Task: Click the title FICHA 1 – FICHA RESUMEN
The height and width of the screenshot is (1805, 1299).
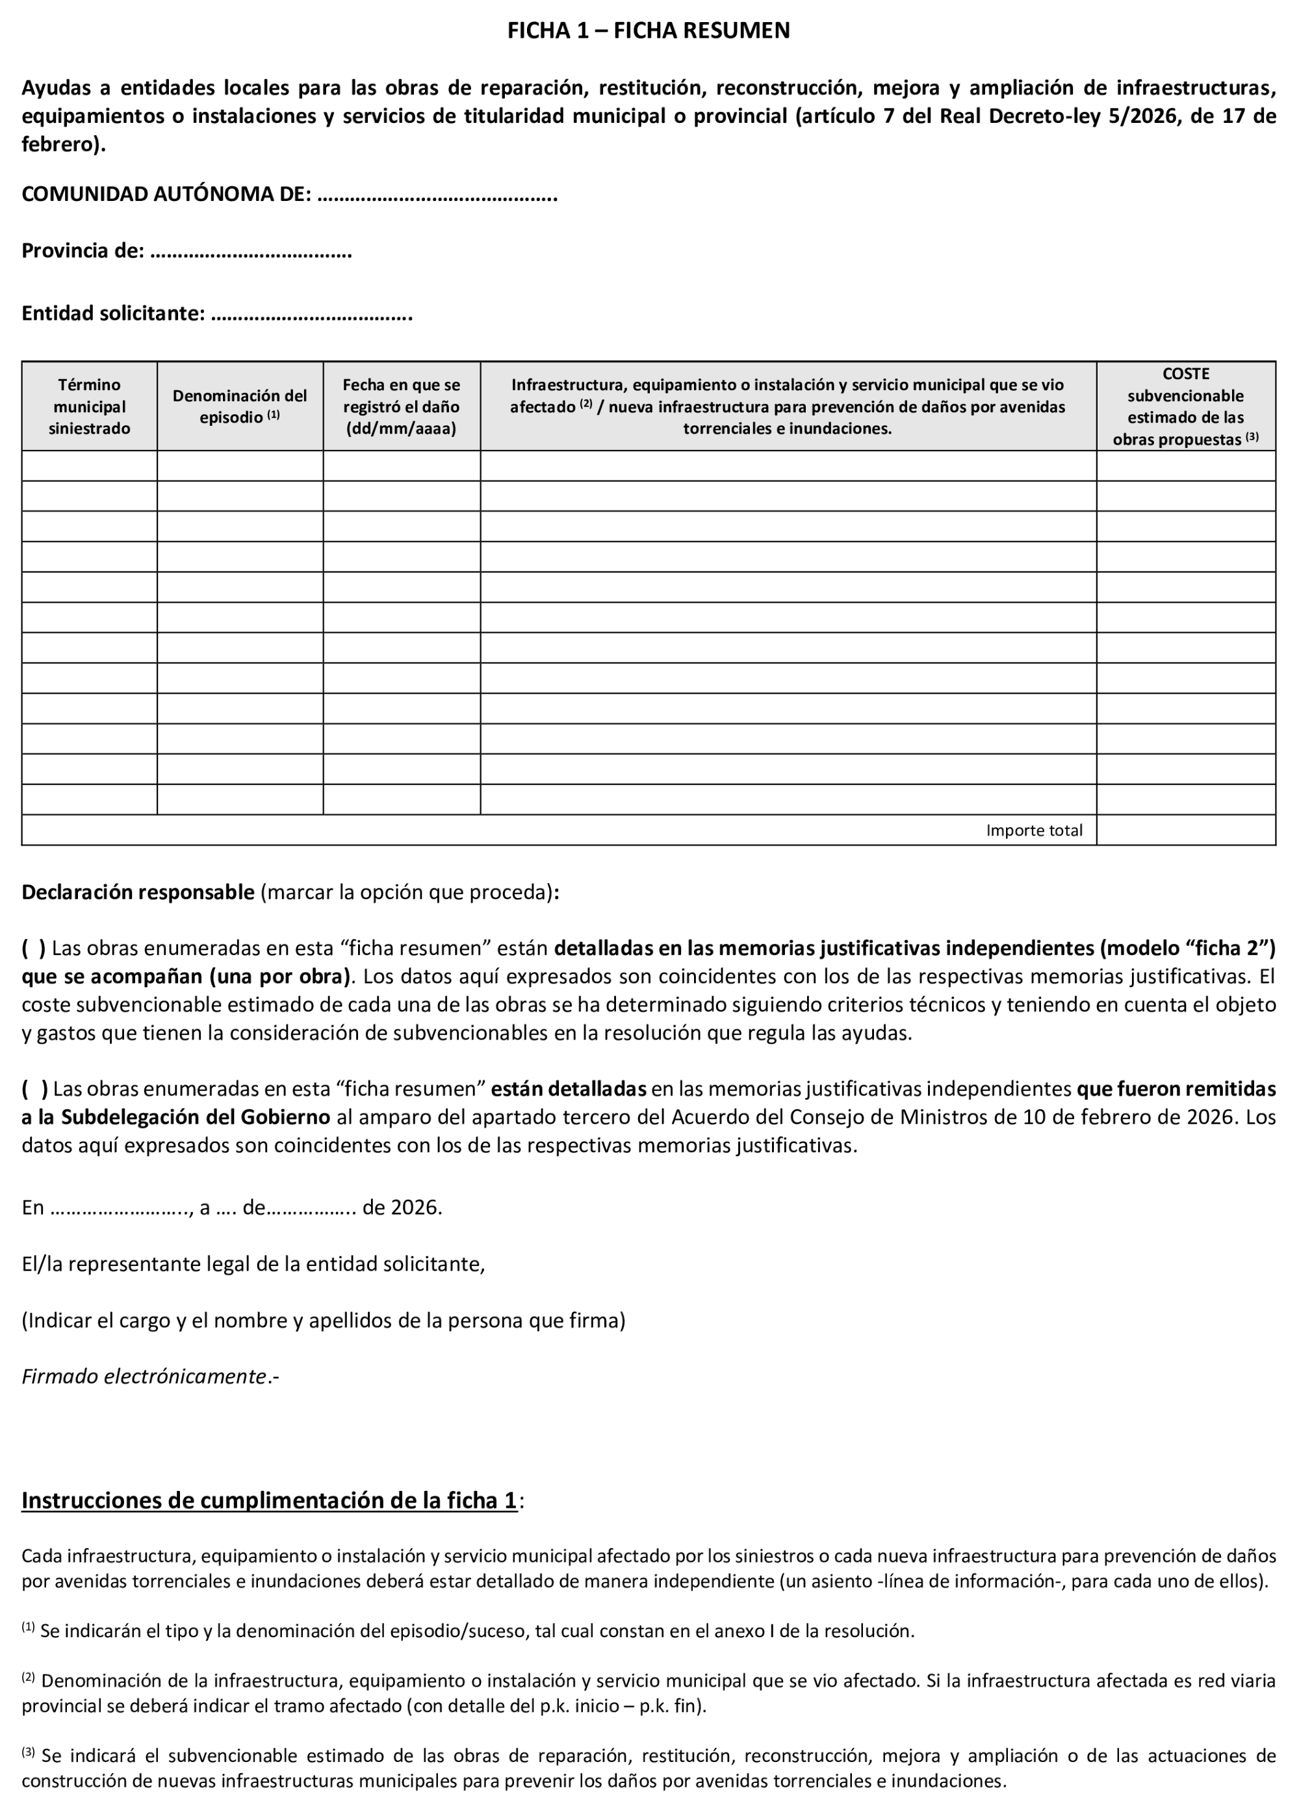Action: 649,31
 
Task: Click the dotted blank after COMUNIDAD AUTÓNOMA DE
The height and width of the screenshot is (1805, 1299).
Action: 437,195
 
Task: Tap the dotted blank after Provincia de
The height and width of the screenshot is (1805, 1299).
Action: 251,252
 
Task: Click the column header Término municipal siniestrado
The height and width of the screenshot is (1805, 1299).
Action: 89,406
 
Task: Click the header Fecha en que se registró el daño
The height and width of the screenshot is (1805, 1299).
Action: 401,406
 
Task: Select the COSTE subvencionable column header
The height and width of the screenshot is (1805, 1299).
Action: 1185,406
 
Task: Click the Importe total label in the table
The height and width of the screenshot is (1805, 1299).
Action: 1033,831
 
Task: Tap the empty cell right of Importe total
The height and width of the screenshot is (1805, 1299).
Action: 1185,831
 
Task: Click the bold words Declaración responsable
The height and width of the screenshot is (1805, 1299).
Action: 138,893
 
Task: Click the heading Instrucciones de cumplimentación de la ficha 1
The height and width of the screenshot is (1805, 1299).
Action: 269,1501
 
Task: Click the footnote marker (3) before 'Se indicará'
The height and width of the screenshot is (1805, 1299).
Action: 28,1752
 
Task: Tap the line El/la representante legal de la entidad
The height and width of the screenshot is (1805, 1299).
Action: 253,1265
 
